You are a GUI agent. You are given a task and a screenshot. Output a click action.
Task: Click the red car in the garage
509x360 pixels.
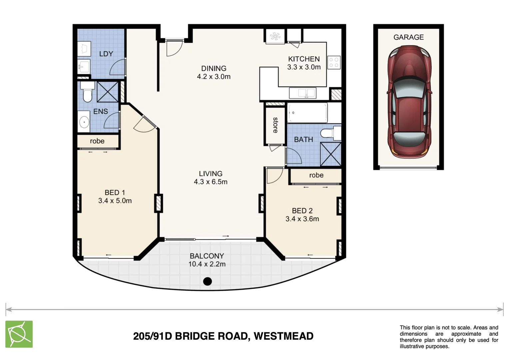click(409, 102)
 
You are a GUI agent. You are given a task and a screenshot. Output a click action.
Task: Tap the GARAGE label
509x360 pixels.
click(408, 37)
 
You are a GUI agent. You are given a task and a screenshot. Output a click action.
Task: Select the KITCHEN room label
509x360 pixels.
click(304, 59)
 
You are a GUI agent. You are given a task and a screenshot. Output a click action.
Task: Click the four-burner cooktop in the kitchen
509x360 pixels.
click(334, 62)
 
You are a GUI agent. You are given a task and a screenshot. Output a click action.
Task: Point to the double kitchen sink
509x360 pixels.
click(302, 93)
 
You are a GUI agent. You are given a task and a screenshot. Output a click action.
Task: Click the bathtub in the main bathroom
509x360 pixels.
click(307, 113)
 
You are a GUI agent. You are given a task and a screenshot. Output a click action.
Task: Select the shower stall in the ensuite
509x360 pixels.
click(108, 91)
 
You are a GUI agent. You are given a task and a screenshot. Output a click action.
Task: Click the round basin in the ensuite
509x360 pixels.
click(84, 122)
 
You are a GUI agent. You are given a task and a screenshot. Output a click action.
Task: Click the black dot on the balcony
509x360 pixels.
click(208, 281)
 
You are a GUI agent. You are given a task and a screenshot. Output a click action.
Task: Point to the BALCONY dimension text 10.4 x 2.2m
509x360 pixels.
click(207, 264)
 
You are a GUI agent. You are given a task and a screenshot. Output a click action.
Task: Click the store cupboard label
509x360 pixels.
click(275, 125)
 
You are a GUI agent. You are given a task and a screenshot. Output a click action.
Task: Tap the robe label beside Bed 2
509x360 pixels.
click(316, 175)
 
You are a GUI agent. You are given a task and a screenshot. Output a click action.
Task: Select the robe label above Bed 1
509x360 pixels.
click(97, 141)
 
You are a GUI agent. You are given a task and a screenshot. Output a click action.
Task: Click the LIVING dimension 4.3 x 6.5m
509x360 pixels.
click(211, 182)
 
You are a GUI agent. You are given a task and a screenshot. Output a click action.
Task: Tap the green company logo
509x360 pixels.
click(19, 334)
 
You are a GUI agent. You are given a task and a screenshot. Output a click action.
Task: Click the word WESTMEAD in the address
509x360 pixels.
click(283, 336)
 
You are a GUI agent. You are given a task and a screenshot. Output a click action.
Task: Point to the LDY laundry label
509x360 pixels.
click(106, 54)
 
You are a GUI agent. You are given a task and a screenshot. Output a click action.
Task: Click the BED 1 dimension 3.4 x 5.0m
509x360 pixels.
click(115, 201)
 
